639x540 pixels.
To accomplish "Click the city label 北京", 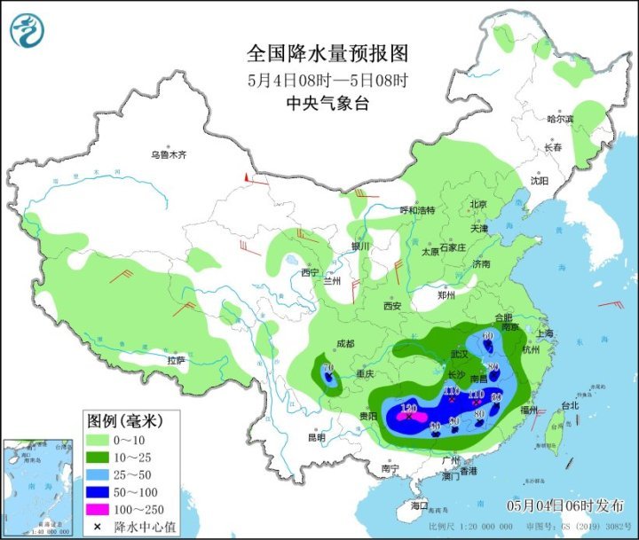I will (478, 204).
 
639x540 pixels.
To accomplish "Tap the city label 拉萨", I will (177, 360).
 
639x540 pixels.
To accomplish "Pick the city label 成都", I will (344, 344).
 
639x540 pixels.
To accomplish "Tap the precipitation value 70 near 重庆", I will (328, 368).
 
